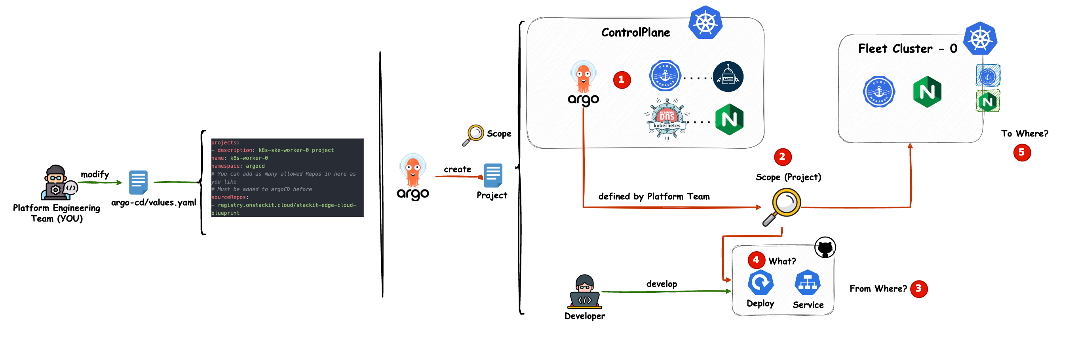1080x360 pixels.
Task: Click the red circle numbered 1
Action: tap(621, 80)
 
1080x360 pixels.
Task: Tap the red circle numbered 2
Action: tap(782, 157)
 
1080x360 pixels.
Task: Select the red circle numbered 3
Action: tap(918, 289)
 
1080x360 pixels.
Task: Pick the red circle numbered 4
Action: tap(756, 260)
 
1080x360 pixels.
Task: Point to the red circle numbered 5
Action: tap(1022, 153)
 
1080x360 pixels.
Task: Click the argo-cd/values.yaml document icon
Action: tap(138, 182)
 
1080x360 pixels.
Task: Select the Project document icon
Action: tap(493, 175)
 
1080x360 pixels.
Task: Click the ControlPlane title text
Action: tap(635, 33)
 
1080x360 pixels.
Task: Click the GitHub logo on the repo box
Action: tap(825, 248)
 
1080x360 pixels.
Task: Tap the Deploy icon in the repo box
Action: tap(760, 283)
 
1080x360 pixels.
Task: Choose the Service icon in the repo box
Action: tap(808, 283)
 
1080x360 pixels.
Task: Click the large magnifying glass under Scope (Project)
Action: tap(782, 207)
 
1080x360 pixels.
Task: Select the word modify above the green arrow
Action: tap(95, 174)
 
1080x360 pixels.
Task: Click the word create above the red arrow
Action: tap(457, 169)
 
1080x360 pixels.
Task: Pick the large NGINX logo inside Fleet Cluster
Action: tap(927, 92)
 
